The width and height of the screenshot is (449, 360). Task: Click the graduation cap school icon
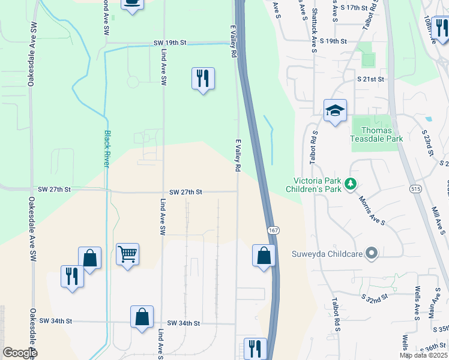click(x=336, y=110)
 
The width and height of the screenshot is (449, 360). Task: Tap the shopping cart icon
click(x=127, y=254)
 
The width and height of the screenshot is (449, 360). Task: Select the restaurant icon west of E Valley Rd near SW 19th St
click(x=203, y=79)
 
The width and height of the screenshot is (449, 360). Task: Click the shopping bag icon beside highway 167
click(x=264, y=256)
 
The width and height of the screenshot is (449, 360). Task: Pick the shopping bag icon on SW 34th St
click(x=142, y=317)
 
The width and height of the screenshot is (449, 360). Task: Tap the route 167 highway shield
click(x=273, y=231)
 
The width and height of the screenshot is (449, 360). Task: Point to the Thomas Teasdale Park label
click(x=377, y=134)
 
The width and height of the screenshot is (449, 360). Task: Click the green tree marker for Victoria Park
click(x=354, y=182)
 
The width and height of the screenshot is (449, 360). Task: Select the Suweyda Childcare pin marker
click(x=372, y=254)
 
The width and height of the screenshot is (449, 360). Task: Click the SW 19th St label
click(x=170, y=43)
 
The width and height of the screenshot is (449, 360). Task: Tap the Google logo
click(x=20, y=352)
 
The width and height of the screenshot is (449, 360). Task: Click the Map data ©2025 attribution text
click(x=423, y=355)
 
